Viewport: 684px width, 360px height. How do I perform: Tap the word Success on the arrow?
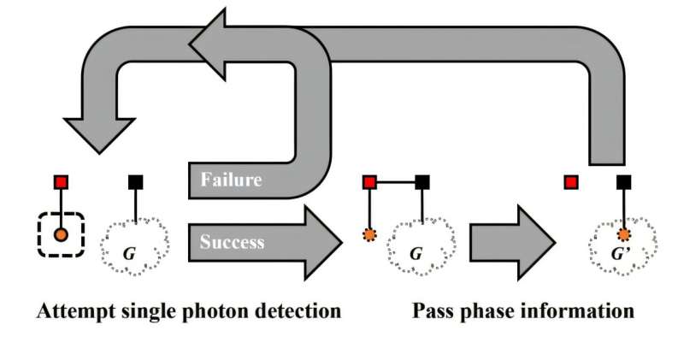[233, 242]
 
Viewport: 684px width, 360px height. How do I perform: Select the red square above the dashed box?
[61, 182]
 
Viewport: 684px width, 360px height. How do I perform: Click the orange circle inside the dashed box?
[61, 233]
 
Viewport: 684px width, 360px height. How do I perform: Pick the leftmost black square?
[136, 182]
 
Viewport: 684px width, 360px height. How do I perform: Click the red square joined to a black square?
[369, 182]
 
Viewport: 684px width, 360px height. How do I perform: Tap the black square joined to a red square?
[422, 182]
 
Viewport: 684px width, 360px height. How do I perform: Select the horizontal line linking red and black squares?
[395, 182]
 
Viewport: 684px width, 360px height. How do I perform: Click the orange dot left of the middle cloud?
[369, 235]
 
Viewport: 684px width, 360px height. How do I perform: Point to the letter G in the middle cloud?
[416, 254]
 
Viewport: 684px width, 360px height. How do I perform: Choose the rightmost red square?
[571, 182]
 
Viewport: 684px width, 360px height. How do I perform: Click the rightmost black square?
[624, 182]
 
